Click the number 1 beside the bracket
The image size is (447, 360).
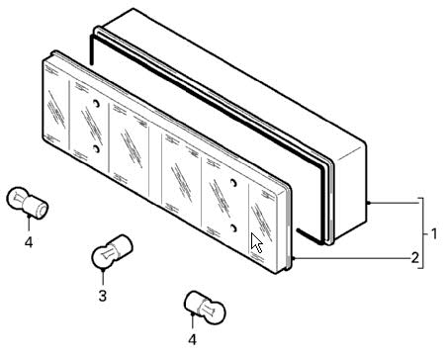click(434, 233)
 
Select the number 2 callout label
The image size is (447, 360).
click(414, 257)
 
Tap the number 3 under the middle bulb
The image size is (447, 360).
click(103, 296)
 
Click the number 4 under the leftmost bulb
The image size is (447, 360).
click(29, 242)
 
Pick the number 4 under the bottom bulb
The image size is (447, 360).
click(192, 339)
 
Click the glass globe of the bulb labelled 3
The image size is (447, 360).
click(103, 258)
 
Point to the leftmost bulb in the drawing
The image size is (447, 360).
click(28, 203)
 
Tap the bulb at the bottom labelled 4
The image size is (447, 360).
click(205, 308)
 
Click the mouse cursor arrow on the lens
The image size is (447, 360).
click(256, 242)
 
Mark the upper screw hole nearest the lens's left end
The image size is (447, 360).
click(96, 104)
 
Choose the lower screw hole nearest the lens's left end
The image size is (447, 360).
click(96, 149)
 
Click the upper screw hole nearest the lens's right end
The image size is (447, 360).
click(233, 183)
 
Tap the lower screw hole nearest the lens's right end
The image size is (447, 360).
click(233, 227)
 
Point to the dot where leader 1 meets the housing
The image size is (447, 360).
click(368, 203)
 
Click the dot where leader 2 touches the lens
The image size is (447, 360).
click(293, 258)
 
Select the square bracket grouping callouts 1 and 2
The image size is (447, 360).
click(422, 233)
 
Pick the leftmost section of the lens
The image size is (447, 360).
click(55, 107)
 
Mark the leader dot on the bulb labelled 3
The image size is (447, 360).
click(103, 270)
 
